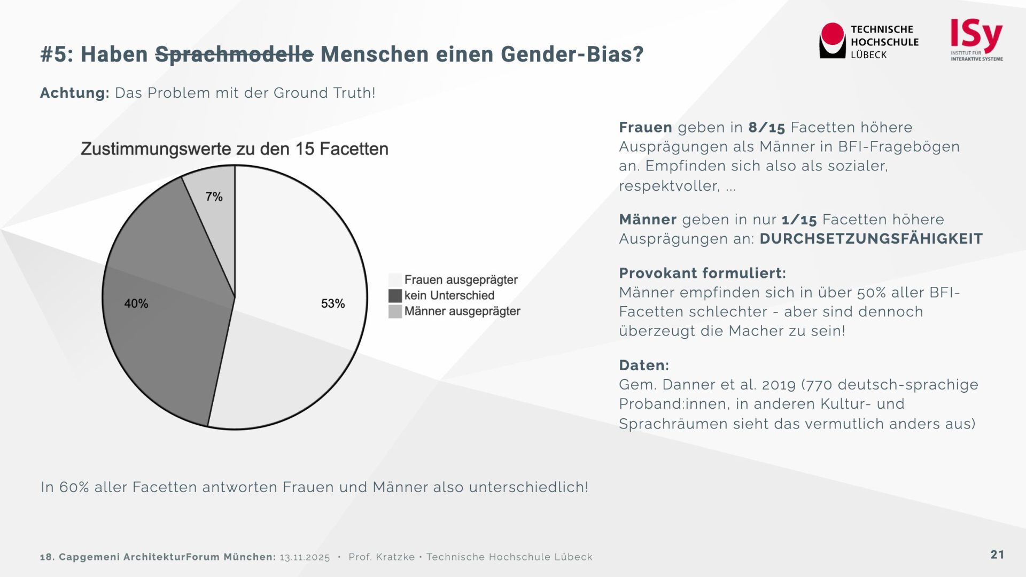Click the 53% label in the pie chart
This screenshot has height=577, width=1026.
(333, 303)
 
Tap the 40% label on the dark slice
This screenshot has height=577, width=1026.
(136, 303)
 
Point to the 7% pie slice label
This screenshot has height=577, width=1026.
(214, 197)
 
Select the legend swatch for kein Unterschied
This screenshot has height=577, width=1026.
(395, 295)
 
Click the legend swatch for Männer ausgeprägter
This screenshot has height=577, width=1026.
(395, 311)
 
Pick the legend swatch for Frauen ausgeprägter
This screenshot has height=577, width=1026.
(395, 279)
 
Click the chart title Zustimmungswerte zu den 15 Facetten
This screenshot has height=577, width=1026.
(235, 149)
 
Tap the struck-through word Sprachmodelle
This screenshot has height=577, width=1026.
(234, 54)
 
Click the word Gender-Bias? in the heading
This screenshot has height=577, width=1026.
(572, 54)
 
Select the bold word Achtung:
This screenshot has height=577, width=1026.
(74, 93)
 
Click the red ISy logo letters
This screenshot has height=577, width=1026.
(976, 35)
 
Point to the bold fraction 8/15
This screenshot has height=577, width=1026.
(766, 128)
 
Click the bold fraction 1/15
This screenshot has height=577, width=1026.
(799, 220)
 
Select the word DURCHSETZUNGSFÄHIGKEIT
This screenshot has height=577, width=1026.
(871, 239)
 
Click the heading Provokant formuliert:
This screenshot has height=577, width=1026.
(702, 273)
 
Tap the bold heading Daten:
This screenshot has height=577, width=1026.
(644, 365)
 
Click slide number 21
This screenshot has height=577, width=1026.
(997, 555)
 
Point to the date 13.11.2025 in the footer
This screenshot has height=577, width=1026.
(305, 557)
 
